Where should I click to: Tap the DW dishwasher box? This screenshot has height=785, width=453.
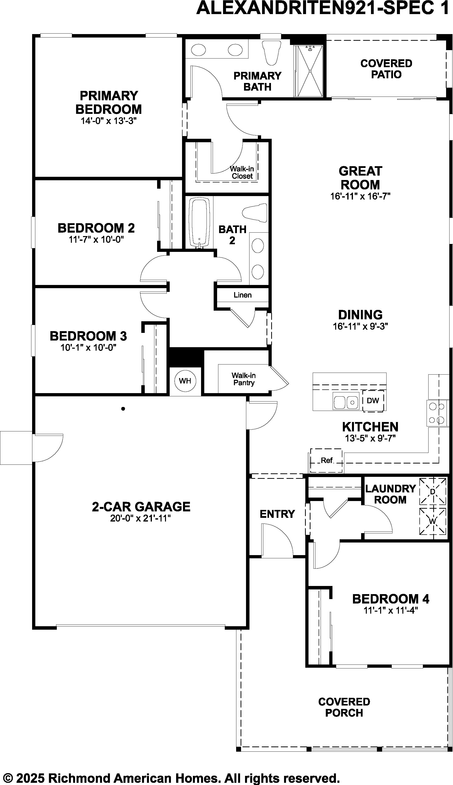coord(373,401)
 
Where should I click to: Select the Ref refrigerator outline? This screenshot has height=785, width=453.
coord(326,460)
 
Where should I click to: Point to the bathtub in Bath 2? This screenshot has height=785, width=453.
coord(199,223)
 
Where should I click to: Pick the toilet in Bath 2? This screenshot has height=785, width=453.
coord(254,213)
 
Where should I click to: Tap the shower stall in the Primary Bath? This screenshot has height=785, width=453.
coord(309,71)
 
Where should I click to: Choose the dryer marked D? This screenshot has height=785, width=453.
coord(433,491)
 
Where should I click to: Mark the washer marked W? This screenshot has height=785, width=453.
coord(433,521)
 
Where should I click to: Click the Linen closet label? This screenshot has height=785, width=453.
coord(243,295)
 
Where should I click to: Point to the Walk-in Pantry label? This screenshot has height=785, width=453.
coord(244,379)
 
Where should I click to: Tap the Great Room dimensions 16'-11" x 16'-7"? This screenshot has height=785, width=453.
coord(360,196)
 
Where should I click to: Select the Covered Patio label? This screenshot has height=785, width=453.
coord(386,69)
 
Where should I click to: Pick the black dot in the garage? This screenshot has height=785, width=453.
coord(123,409)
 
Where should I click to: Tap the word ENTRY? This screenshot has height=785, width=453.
coord(277,514)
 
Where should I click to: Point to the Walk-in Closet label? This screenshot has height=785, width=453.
coord(242,172)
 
